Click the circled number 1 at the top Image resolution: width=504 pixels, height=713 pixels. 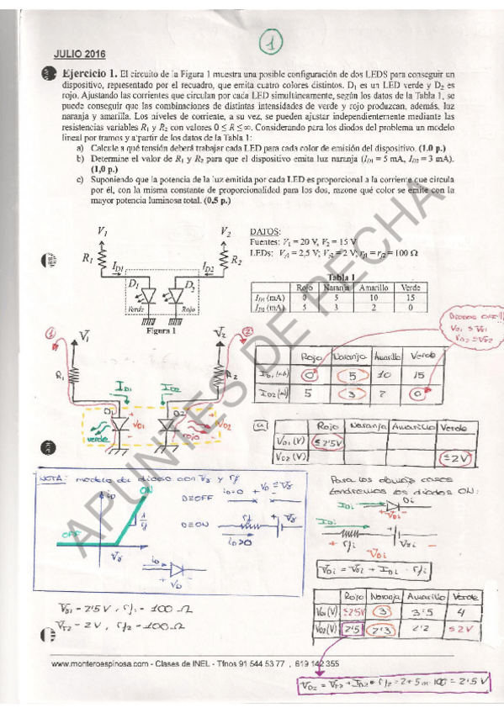(271, 40)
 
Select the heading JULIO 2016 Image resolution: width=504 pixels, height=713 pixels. (76, 52)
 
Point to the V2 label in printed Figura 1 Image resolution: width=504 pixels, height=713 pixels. (225, 230)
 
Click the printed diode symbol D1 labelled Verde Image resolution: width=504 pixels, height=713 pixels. (149, 294)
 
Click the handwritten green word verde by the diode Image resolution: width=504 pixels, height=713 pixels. (98, 439)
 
